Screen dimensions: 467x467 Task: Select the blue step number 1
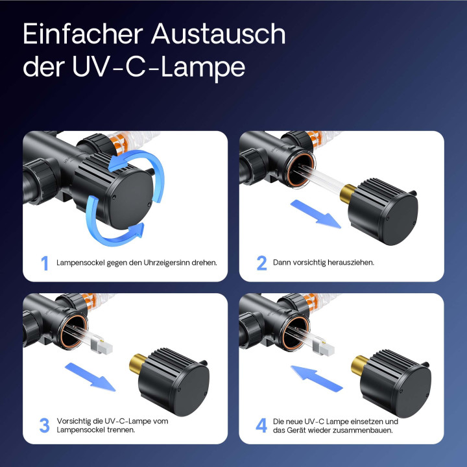click(x=45, y=263)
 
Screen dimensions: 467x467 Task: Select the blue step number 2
click(x=261, y=263)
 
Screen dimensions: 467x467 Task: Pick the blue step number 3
click(x=45, y=425)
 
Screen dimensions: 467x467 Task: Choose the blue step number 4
click(x=261, y=425)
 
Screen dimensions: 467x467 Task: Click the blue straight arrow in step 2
click(x=314, y=213)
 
